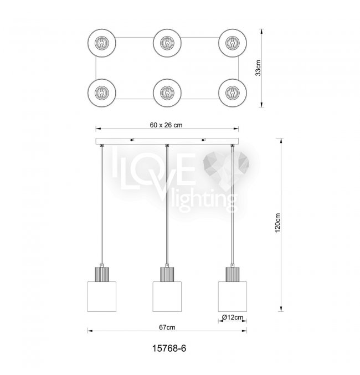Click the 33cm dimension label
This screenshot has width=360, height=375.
pyautogui.click(x=258, y=68)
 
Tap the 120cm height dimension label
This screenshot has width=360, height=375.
pyautogui.click(x=277, y=223)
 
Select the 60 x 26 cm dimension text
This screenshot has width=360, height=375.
pyautogui.click(x=166, y=125)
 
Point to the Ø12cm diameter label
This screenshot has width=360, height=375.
pyautogui.click(x=233, y=317)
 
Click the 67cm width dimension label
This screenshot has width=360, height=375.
pyautogui.click(x=167, y=327)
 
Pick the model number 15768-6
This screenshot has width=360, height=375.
pyautogui.click(x=169, y=348)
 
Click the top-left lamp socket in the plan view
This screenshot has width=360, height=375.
pyautogui.click(x=102, y=43)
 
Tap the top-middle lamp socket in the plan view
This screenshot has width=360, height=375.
pyautogui.click(x=167, y=43)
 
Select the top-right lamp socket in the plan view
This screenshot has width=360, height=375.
pyautogui.click(x=233, y=43)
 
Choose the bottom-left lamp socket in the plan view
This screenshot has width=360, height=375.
pyautogui.click(x=102, y=93)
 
